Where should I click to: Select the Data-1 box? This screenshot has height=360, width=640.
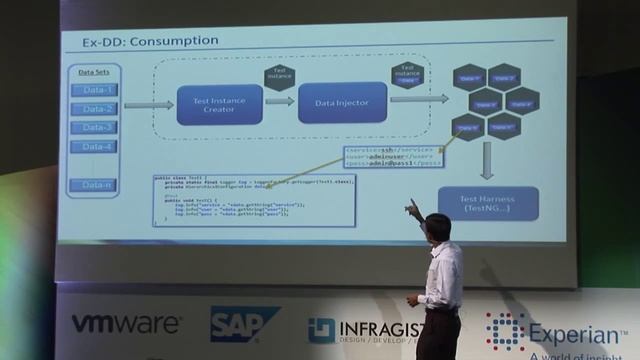coord(98,90)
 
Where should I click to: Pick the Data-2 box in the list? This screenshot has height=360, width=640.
coord(98,109)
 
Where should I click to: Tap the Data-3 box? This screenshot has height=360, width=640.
coord(98,128)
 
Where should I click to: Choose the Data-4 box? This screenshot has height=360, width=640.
coord(98,147)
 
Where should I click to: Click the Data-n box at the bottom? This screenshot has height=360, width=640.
coord(98,185)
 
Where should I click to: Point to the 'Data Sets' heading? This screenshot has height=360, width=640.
coord(95,72)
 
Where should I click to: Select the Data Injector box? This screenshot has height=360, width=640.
coord(342,102)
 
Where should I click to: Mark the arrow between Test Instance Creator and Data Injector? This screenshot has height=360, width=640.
coord(280,101)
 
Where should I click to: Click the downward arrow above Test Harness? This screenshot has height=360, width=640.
coord(488,160)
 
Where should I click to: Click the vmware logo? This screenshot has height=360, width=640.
coord(126,324)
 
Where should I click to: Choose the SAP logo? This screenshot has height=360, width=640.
coord(243,324)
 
